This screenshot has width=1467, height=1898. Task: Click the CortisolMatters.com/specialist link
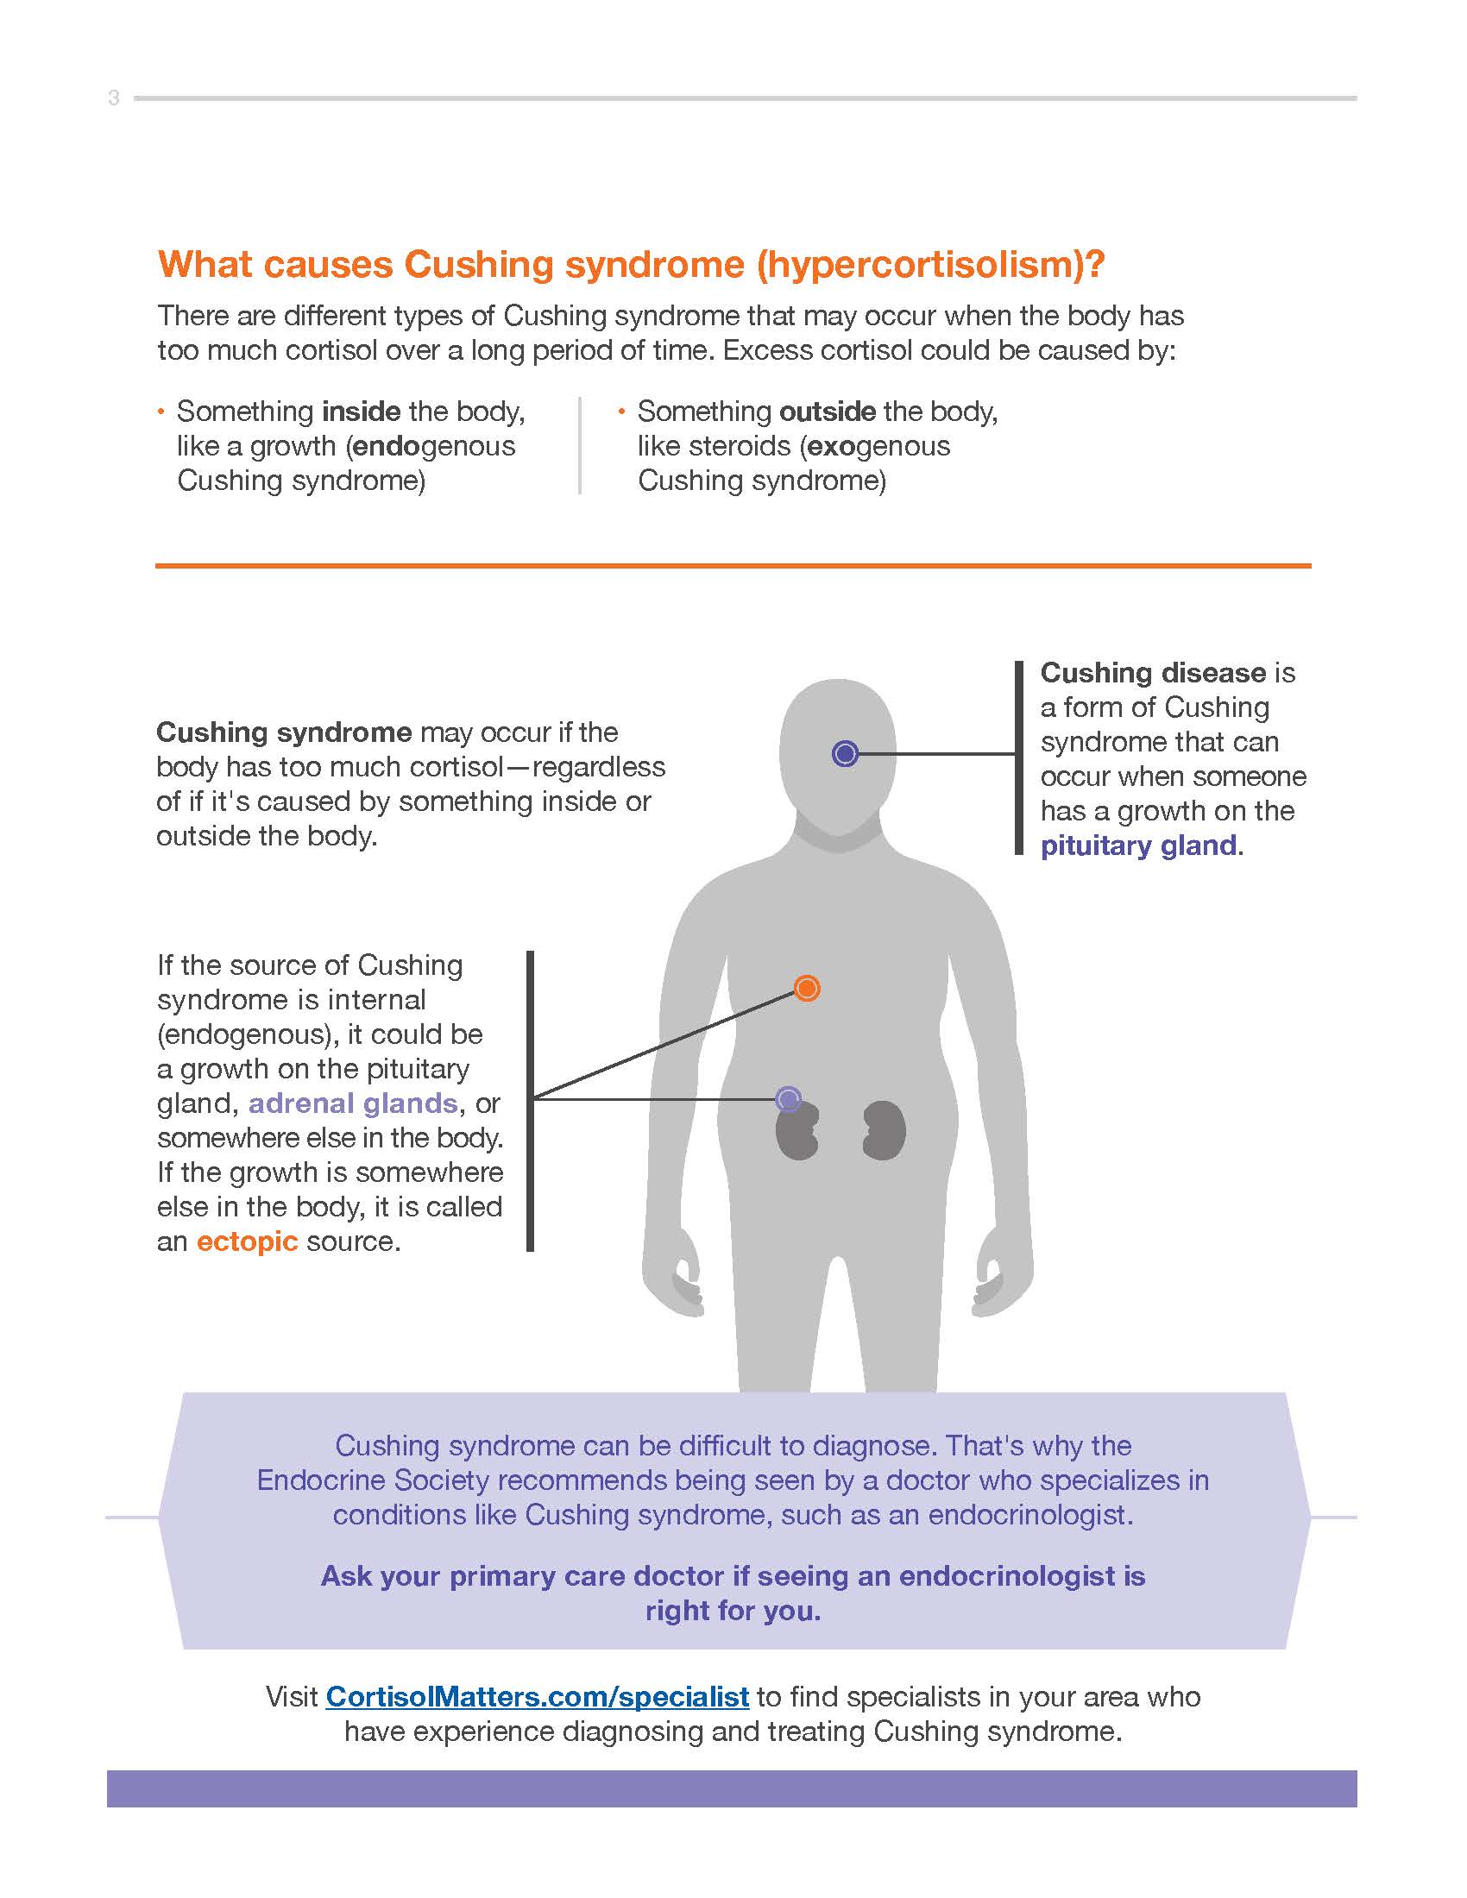[x=536, y=1696]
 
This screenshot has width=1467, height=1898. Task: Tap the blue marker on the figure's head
[x=845, y=753]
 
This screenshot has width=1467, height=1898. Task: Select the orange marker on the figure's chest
[x=807, y=988]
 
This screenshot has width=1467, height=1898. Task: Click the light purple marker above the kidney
[x=787, y=1099]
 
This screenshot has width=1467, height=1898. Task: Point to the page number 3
[x=114, y=98]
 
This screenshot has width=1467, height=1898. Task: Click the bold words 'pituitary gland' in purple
[x=1138, y=845]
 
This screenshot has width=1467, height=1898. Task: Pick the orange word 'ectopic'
[x=247, y=1241]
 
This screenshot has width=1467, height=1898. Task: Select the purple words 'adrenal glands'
[x=353, y=1103]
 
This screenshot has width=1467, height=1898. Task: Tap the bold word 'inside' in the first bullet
[x=361, y=411]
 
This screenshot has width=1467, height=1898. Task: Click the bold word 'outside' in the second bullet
[x=828, y=411]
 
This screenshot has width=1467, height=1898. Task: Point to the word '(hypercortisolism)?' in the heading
[x=930, y=264]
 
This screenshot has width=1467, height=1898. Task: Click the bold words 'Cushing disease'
[x=1152, y=673]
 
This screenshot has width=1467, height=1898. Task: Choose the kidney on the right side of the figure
[x=884, y=1130]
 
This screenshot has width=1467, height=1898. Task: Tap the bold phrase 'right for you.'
[x=733, y=1611]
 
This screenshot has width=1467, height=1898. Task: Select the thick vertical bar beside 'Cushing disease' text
[x=1019, y=757]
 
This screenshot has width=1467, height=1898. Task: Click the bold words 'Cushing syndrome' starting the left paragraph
[x=283, y=732]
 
